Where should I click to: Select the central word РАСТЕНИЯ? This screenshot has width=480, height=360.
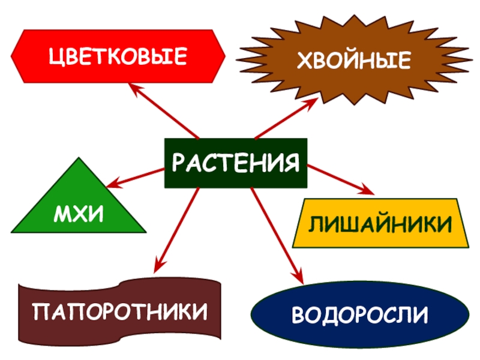tap(236, 163)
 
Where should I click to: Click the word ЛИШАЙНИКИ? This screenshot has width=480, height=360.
tap(380, 224)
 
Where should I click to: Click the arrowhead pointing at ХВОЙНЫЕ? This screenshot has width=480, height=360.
tap(311, 103)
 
